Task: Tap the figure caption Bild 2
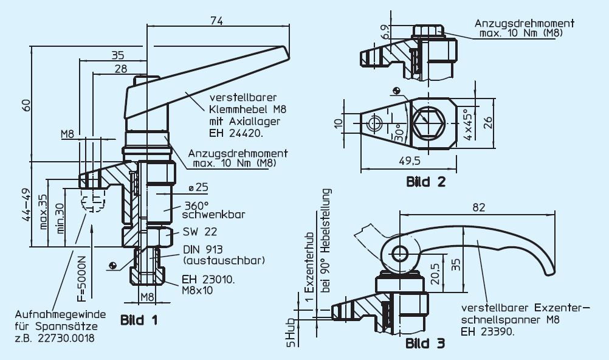[x=426, y=181]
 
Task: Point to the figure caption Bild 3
[x=425, y=344]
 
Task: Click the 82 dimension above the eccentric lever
[x=479, y=207]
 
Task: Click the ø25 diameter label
[x=194, y=185]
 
